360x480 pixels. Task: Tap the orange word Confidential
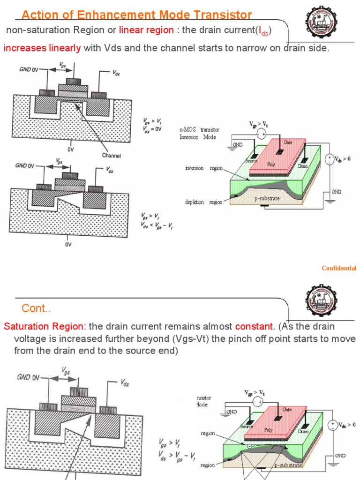click(x=339, y=268)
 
